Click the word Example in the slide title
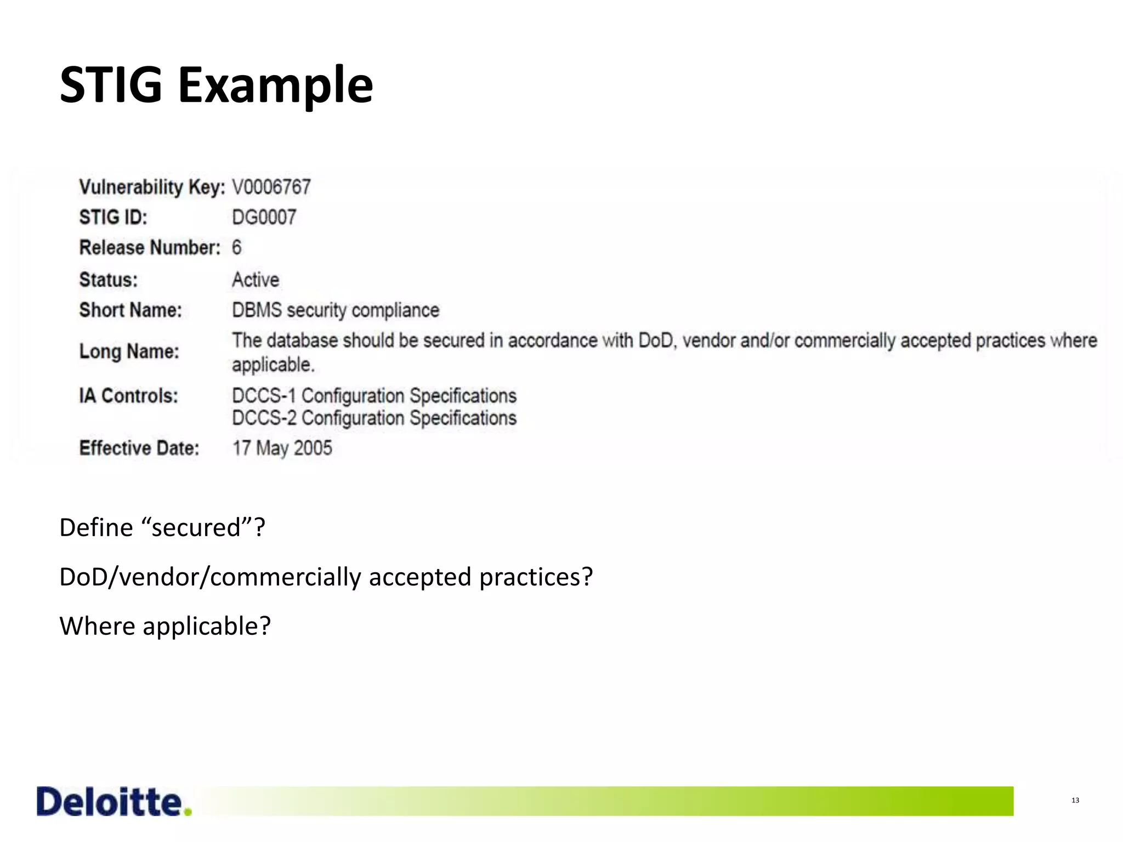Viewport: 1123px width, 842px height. point(275,87)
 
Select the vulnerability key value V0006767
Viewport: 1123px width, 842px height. point(271,187)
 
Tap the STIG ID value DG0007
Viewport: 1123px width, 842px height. point(264,218)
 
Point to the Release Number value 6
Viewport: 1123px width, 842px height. point(236,248)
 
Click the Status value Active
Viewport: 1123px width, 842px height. point(256,280)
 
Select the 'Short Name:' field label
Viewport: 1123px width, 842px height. point(131,310)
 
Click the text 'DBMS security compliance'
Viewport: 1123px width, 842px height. point(336,310)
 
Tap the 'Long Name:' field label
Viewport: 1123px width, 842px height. point(129,351)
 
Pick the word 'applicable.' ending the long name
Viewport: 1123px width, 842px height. point(273,365)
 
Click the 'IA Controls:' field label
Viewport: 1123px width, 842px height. point(129,396)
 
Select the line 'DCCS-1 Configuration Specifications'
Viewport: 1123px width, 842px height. point(374,396)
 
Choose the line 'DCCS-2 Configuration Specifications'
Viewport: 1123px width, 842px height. point(374,418)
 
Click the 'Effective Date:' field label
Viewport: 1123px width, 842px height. point(139,448)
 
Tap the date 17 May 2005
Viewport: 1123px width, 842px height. point(282,448)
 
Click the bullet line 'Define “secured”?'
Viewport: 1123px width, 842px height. point(162,527)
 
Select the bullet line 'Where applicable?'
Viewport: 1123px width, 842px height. point(165,626)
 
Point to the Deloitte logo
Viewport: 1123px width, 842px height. point(114,801)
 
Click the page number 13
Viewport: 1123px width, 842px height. point(1075,800)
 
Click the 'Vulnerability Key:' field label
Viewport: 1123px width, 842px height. point(152,187)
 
